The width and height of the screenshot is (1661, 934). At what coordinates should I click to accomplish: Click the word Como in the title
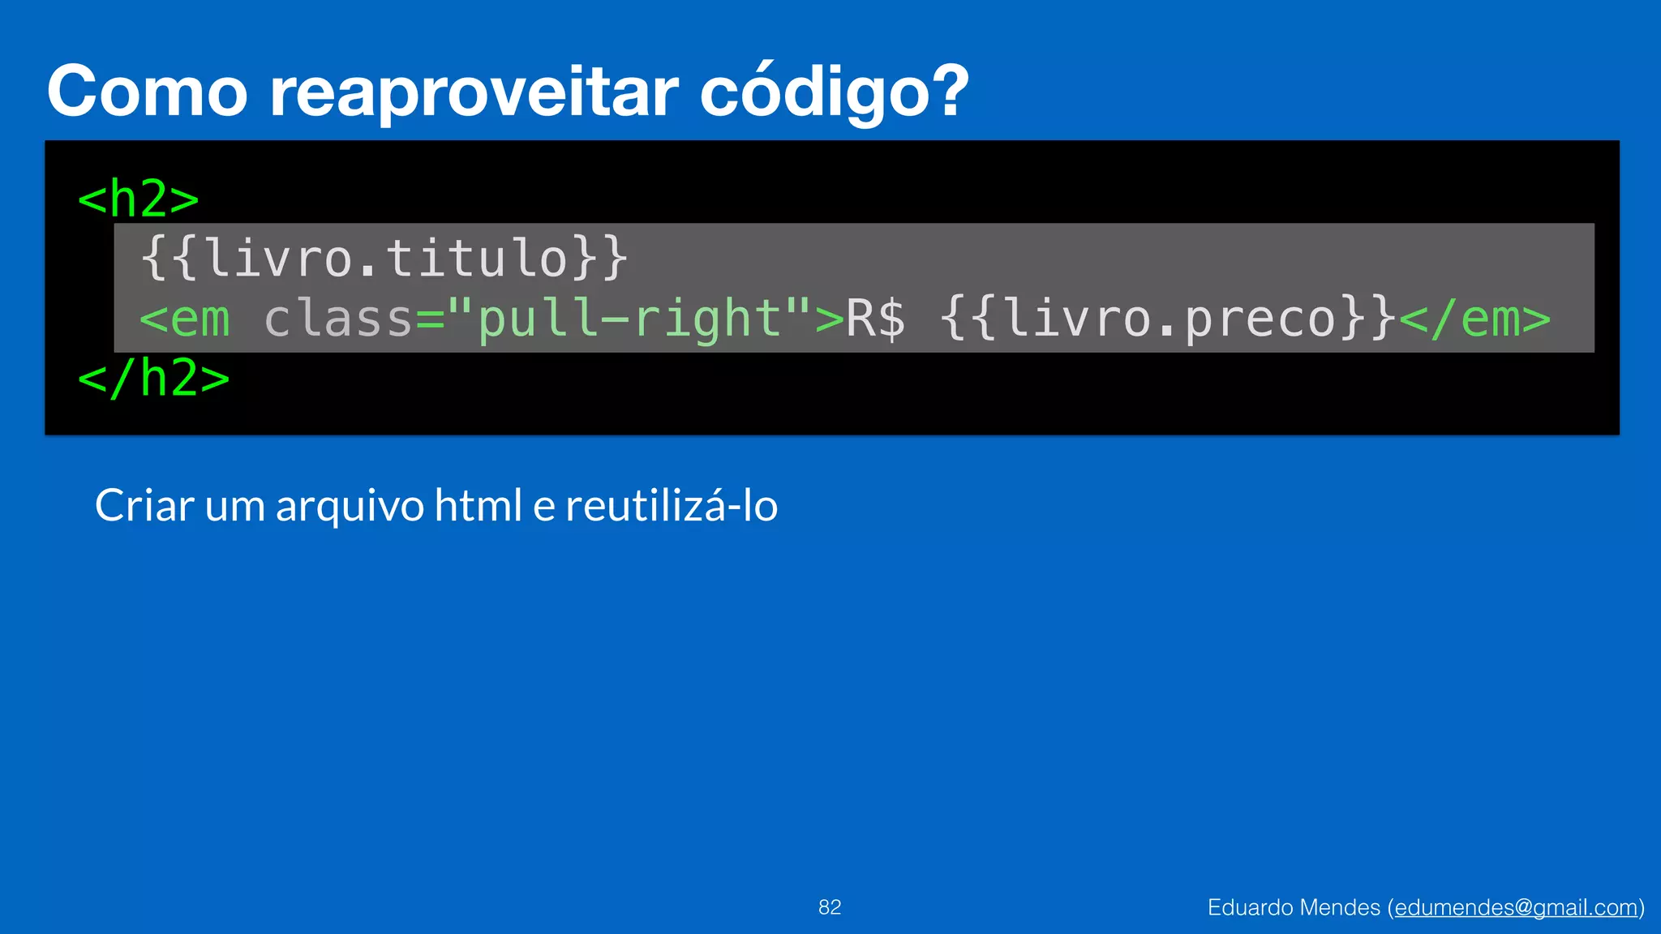pyautogui.click(x=147, y=92)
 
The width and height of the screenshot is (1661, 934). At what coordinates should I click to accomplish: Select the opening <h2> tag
pyautogui.click(x=139, y=199)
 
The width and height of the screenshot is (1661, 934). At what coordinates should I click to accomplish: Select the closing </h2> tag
pyautogui.click(x=154, y=379)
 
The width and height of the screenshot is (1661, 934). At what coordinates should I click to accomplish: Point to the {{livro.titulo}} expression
pyautogui.click(x=384, y=259)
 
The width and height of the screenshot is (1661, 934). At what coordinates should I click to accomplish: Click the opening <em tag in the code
pyautogui.click(x=185, y=319)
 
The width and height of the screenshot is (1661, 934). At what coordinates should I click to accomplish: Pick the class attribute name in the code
pyautogui.click(x=338, y=319)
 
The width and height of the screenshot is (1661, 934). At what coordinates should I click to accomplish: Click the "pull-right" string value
pyautogui.click(x=629, y=319)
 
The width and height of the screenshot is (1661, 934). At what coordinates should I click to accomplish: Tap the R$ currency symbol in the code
pyautogui.click(x=876, y=319)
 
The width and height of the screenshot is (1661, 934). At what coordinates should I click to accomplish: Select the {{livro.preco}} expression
pyautogui.click(x=1168, y=319)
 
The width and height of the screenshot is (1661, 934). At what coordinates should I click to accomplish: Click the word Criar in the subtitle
pyautogui.click(x=144, y=506)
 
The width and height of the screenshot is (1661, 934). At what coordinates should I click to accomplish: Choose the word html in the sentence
pyautogui.click(x=478, y=506)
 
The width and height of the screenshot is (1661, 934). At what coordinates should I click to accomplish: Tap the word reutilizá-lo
pyautogui.click(x=672, y=506)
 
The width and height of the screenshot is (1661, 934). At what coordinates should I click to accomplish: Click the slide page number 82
pyautogui.click(x=830, y=907)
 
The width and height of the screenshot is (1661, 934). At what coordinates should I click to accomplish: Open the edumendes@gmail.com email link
pyautogui.click(x=1516, y=908)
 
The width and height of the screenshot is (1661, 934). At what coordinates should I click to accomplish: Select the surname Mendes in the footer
pyautogui.click(x=1346, y=907)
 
